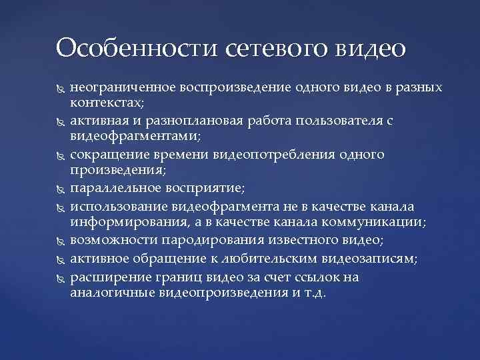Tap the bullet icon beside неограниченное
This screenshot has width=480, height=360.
58,89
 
